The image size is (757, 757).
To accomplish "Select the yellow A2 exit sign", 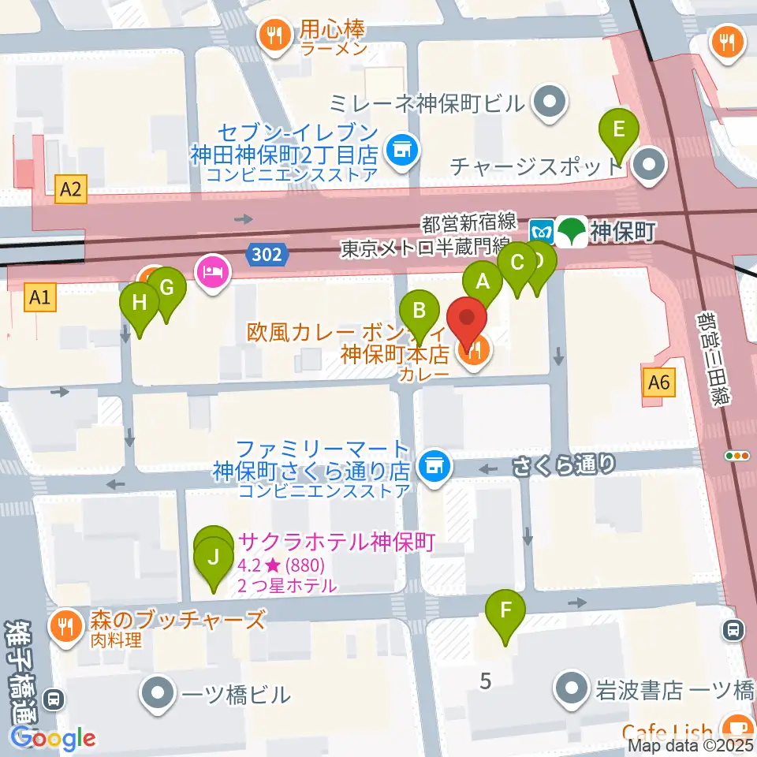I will [x=69, y=188].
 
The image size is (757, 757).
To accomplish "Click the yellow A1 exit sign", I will [x=41, y=296].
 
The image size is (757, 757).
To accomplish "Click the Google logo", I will [x=53, y=739].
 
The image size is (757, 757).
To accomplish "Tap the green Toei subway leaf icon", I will [x=569, y=232].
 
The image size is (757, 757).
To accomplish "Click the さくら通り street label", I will [x=564, y=464].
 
